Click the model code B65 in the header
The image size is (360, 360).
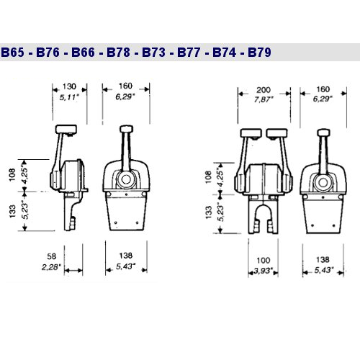[13, 53]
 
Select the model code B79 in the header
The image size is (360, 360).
[259, 53]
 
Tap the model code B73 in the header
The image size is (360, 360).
[153, 53]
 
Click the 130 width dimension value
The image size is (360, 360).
[69, 86]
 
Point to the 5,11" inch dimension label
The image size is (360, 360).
[69, 97]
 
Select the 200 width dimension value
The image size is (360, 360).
[264, 90]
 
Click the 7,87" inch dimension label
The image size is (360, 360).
[264, 99]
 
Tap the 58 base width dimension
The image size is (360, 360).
[52, 256]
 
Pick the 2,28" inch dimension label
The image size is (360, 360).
[51, 267]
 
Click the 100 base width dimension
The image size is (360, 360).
[264, 261]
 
